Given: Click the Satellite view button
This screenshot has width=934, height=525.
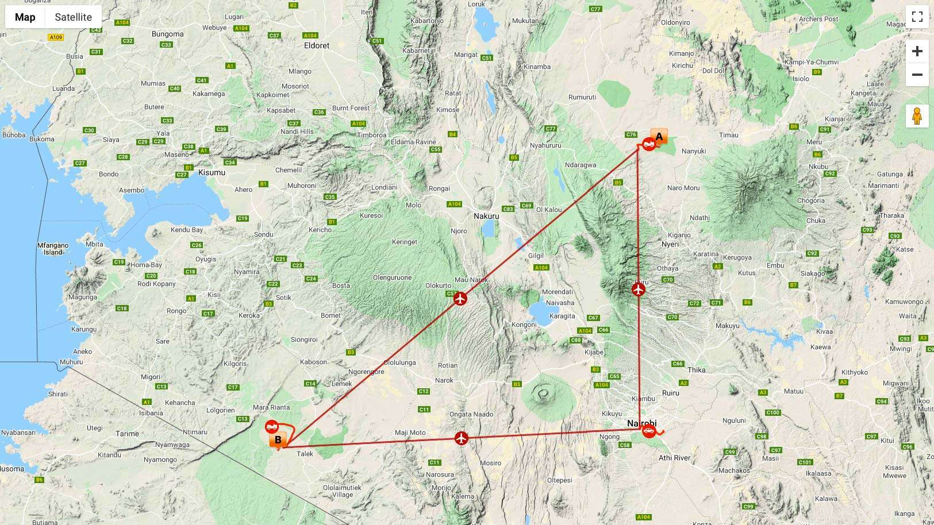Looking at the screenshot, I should point(73,17).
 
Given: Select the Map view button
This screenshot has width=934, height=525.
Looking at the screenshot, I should point(25,17).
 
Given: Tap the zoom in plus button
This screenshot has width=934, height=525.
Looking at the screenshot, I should point(917,51).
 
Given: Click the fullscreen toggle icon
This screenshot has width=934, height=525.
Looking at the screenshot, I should point(917,17).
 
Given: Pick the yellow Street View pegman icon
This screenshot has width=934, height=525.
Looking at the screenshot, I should point(917,116).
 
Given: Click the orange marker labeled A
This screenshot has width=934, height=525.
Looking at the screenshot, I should point(659,137).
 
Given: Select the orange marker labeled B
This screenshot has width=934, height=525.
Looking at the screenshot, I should point(278,440).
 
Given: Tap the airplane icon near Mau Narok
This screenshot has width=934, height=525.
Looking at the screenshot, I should point(460,299).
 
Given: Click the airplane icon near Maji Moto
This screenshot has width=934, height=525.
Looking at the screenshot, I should point(462,438).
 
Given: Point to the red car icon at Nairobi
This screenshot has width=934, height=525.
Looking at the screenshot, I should point(649,431).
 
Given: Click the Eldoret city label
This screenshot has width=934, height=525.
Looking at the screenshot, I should point(317,45).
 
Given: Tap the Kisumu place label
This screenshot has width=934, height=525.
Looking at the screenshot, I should point(212,172).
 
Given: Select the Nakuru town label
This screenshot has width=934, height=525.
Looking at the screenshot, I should point(486,216).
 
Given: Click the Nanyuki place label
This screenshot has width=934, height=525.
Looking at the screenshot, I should point(693,151).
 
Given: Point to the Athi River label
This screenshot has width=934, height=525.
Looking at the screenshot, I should point(674,458).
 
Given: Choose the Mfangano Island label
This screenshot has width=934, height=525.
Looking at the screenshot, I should point(53,249).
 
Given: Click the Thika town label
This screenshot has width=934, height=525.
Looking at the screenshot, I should point(696,370).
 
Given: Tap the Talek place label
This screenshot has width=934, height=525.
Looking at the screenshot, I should point(305,454).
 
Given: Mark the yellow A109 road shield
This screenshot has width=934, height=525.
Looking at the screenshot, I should point(55,37).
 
